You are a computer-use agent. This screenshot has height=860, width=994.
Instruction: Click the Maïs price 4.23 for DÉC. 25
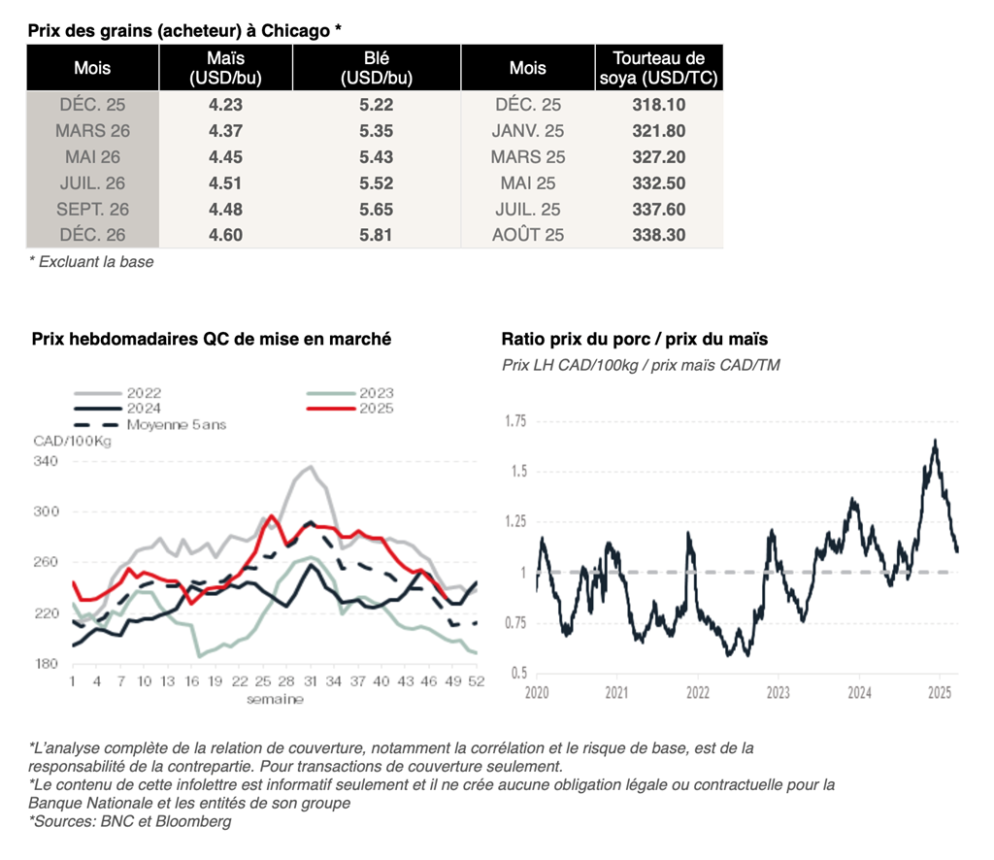tap(225, 105)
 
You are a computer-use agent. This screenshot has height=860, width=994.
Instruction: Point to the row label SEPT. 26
tap(92, 209)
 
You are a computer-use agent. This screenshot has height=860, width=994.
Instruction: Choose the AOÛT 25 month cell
tap(528, 235)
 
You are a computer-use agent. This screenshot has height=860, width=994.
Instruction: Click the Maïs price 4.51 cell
tap(225, 182)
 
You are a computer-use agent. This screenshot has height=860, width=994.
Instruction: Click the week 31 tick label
tap(309, 682)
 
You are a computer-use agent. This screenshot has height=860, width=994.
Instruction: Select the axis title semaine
tap(274, 699)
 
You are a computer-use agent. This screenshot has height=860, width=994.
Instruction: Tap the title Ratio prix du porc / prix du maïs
tap(634, 339)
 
